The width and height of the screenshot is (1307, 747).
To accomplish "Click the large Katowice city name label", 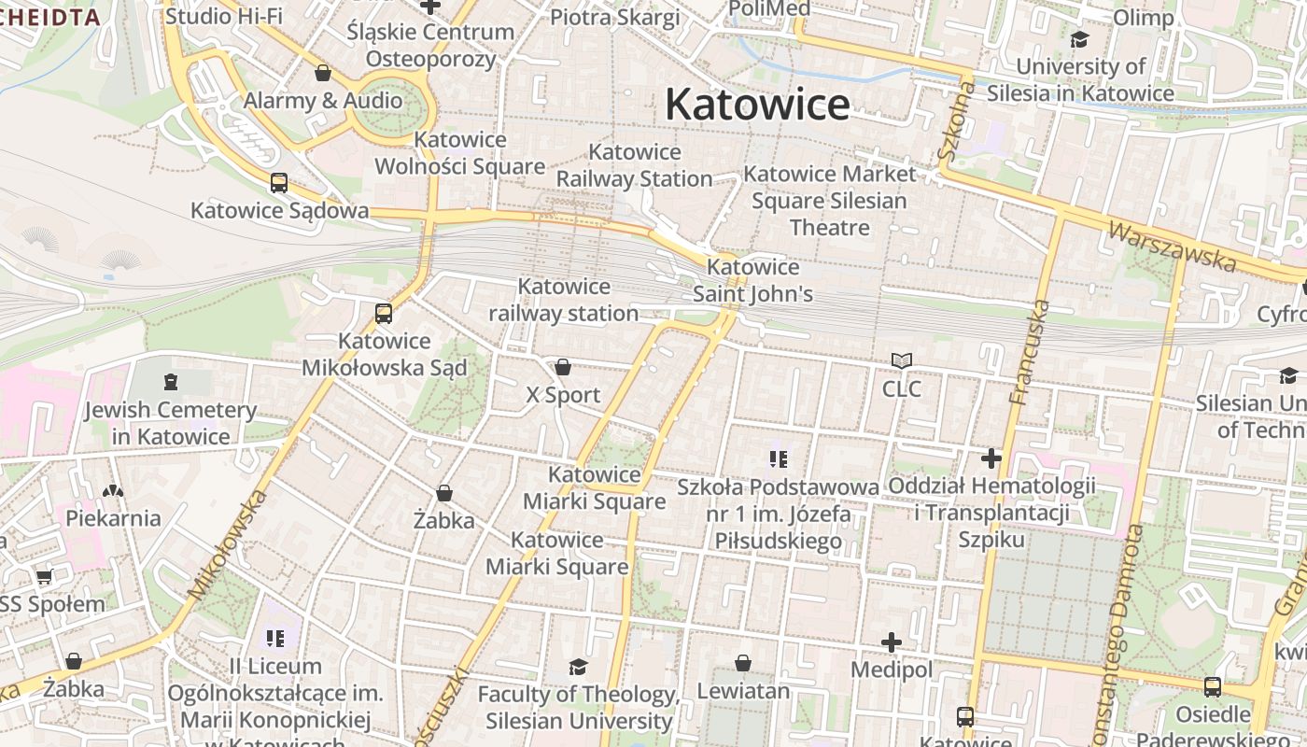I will click(757, 104).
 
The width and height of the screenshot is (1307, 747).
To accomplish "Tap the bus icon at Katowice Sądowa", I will click(278, 183).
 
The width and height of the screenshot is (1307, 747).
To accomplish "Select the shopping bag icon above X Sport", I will click(563, 367).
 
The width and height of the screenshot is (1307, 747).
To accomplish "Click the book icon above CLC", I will click(901, 360).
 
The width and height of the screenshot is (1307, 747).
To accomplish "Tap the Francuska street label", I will click(1031, 352).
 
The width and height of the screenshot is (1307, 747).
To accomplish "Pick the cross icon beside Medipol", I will click(892, 642).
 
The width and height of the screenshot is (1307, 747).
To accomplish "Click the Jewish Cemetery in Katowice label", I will click(170, 423).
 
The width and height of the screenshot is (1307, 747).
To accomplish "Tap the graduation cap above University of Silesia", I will click(1080, 39).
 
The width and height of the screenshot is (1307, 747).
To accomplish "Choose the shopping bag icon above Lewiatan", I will click(743, 663).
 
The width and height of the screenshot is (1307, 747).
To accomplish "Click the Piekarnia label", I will click(113, 517).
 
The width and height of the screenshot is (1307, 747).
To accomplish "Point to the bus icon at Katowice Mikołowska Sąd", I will click(383, 314).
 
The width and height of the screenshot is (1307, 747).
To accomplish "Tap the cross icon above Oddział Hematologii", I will click(991, 458).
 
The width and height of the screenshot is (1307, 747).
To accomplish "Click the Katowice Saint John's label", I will click(752, 280).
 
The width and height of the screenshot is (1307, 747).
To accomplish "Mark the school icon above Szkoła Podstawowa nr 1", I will click(779, 458).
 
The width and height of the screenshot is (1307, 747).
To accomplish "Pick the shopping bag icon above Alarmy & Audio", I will click(323, 73).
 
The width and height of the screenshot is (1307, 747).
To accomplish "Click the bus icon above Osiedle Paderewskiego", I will click(1212, 687).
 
